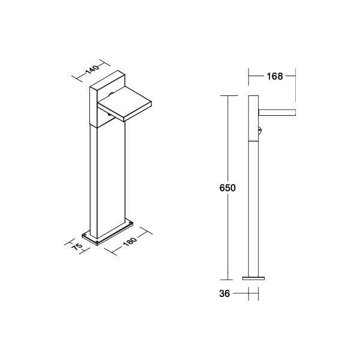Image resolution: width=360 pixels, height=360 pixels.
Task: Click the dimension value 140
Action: (x=91, y=68)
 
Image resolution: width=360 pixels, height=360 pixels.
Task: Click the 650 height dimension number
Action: (x=227, y=188)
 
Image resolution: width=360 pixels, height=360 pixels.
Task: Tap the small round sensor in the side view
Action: (x=260, y=130)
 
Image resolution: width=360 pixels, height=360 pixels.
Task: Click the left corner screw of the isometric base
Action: (x=85, y=235)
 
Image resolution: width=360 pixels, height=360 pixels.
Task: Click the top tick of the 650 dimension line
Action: (x=227, y=95)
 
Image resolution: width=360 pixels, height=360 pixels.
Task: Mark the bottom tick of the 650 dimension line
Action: (x=227, y=280)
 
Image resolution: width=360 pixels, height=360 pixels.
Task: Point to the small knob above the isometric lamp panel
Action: (x=112, y=95)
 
